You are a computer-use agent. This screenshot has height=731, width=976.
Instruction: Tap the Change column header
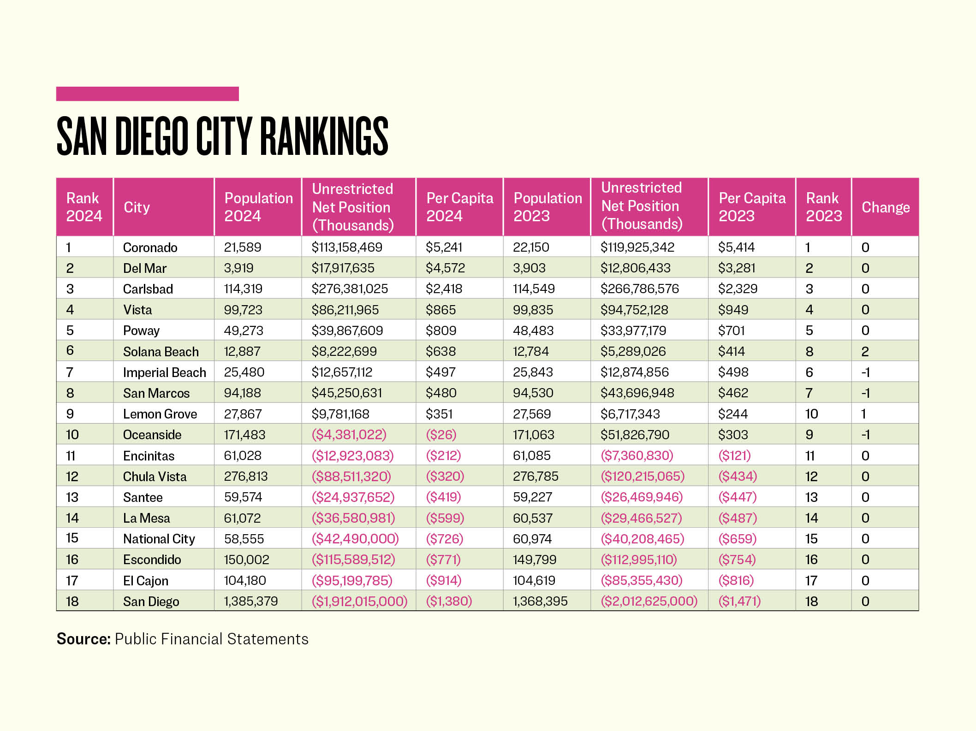tap(885, 207)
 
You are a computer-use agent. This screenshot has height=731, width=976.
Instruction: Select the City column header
tap(137, 207)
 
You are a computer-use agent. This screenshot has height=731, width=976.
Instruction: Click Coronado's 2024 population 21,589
tap(243, 248)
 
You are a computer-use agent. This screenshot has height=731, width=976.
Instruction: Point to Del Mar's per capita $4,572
tap(445, 268)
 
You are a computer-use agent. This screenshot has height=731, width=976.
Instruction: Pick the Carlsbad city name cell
tap(148, 289)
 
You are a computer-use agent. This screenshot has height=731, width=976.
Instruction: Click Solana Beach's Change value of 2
tap(865, 352)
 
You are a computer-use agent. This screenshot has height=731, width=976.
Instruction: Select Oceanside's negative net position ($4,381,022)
tap(349, 435)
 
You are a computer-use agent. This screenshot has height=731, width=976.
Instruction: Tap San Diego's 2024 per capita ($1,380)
tap(449, 601)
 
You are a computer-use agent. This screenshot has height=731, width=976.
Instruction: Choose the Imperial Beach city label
tap(164, 372)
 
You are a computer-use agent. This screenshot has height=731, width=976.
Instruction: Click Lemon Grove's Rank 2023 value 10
tap(811, 414)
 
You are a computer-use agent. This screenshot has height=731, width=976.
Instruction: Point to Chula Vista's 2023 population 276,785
tap(536, 477)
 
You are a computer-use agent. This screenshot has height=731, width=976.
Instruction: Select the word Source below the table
tap(83, 639)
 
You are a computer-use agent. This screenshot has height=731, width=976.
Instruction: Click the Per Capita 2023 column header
tap(752, 207)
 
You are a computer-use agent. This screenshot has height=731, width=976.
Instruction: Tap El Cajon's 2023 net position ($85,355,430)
tap(641, 580)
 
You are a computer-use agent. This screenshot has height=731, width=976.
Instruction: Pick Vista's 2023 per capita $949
tap(733, 310)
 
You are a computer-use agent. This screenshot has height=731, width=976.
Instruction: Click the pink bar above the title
tap(147, 94)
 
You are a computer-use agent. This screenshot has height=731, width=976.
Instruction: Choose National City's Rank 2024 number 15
tap(72, 538)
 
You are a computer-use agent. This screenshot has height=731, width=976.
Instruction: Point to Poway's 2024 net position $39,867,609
tap(347, 330)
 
